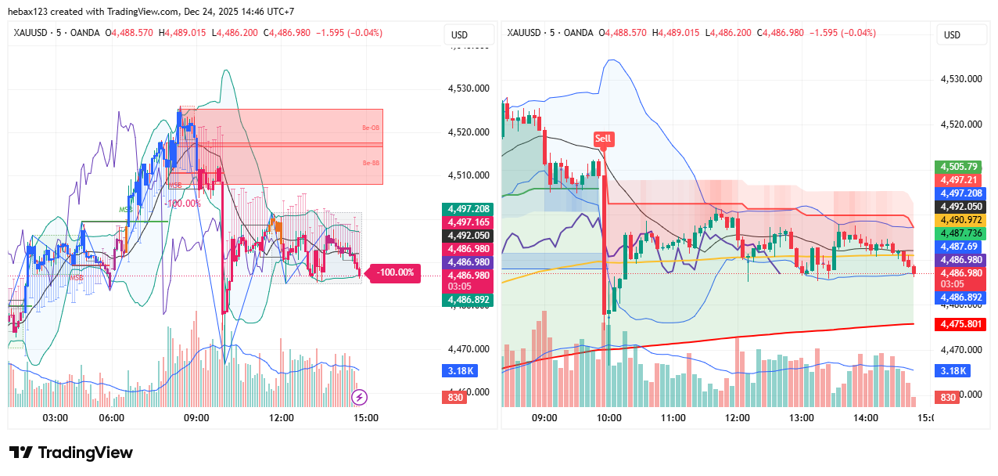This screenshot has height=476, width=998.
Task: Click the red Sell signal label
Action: click(602, 139)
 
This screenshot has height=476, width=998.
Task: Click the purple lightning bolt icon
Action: click(359, 397)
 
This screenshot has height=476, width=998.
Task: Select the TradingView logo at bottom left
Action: click(71, 453)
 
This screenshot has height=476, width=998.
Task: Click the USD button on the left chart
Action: click(459, 34)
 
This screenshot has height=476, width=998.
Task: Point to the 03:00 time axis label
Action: click(56, 418)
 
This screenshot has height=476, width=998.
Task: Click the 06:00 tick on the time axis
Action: click(112, 418)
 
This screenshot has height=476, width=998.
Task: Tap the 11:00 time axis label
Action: click(673, 418)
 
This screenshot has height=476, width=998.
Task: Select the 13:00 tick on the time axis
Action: click(802, 418)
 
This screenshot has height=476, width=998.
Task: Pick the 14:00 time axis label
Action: click(866, 418)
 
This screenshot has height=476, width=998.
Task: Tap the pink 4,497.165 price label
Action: click(467, 222)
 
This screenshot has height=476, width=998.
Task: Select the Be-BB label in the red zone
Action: click(370, 163)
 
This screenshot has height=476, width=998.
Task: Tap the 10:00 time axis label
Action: click(608, 418)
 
